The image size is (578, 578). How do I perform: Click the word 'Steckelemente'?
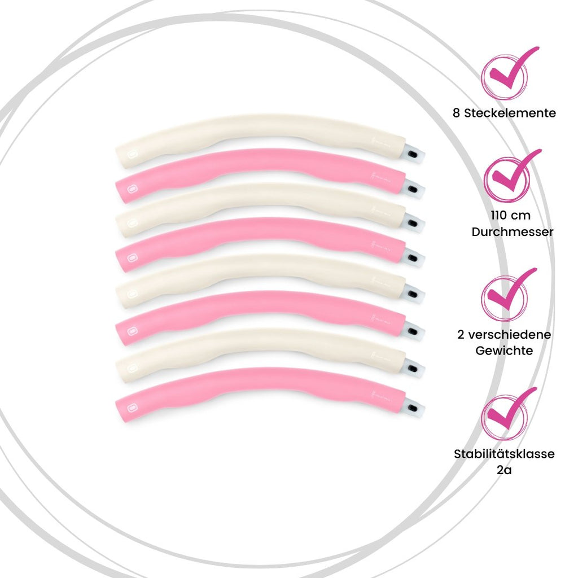510,113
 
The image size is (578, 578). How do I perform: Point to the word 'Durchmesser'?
513,232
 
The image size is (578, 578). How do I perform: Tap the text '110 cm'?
510,215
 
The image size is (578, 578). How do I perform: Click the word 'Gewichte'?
504,350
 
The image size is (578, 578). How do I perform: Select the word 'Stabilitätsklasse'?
504,453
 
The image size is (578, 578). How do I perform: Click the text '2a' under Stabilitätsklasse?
504,470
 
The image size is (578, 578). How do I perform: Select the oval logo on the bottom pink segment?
132,408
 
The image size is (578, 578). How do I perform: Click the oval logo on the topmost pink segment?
132,189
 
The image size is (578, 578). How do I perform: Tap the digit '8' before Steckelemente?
456,113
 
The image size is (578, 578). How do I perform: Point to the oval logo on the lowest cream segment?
132,368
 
